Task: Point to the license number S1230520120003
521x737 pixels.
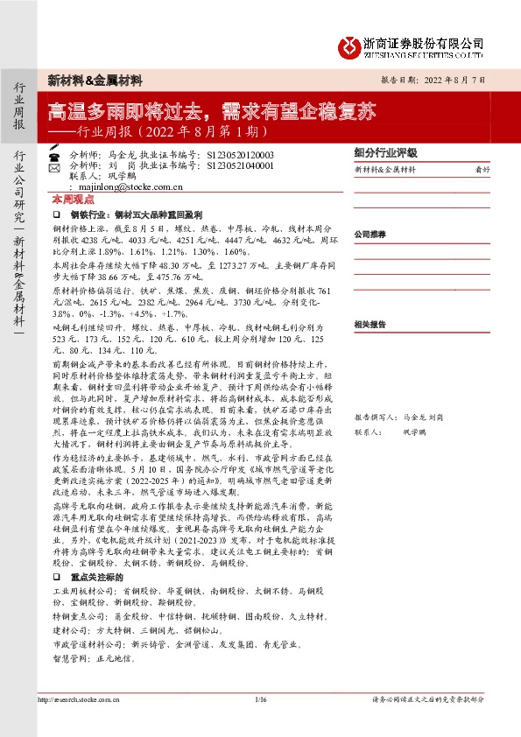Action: (x=241, y=154)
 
